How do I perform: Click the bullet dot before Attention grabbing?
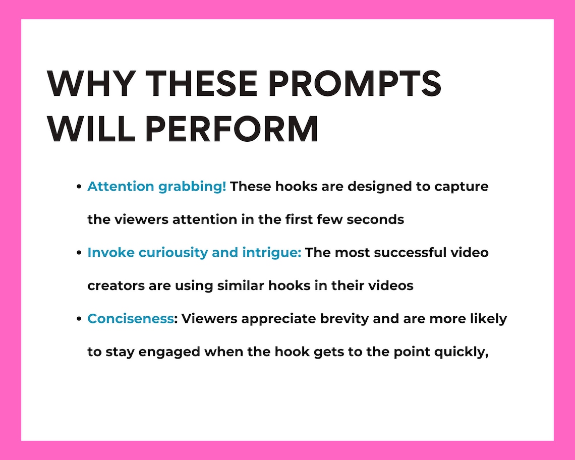coord(79,187)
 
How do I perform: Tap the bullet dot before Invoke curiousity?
coord(79,253)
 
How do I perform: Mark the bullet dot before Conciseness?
coord(79,319)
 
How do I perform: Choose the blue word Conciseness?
coord(130,319)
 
